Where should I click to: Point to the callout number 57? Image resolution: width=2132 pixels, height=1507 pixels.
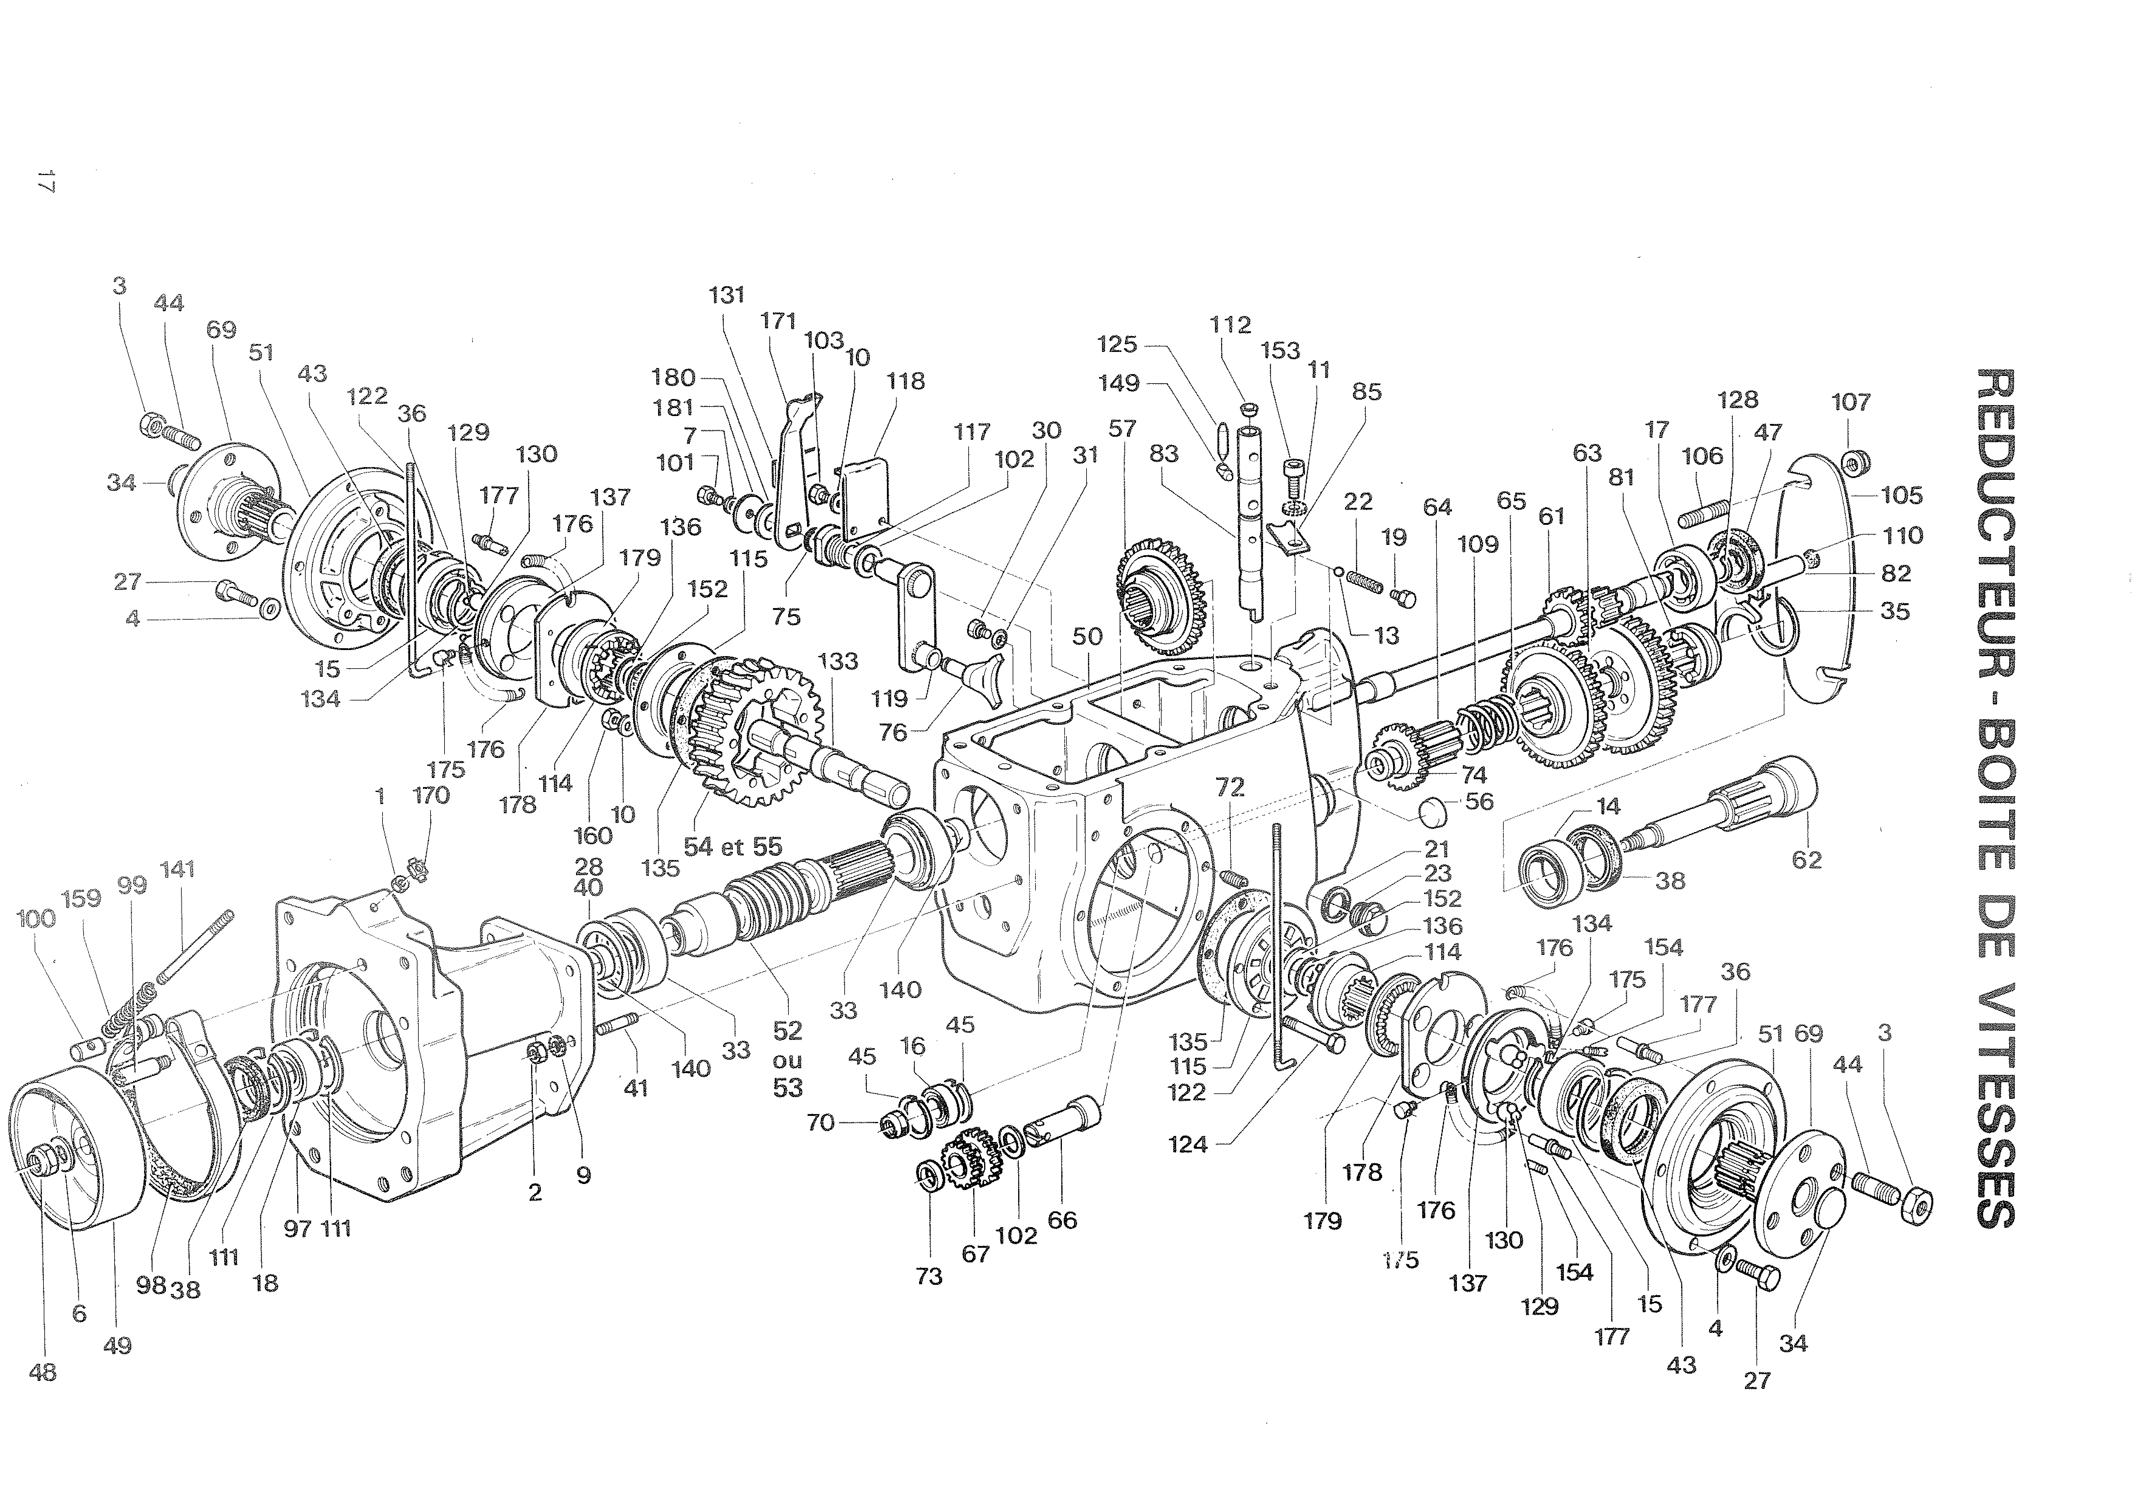1122,429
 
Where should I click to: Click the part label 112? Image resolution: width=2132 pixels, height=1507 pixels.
1230,325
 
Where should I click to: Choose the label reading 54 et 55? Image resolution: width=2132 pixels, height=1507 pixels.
733,847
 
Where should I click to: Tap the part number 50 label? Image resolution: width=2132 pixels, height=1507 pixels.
1087,636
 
